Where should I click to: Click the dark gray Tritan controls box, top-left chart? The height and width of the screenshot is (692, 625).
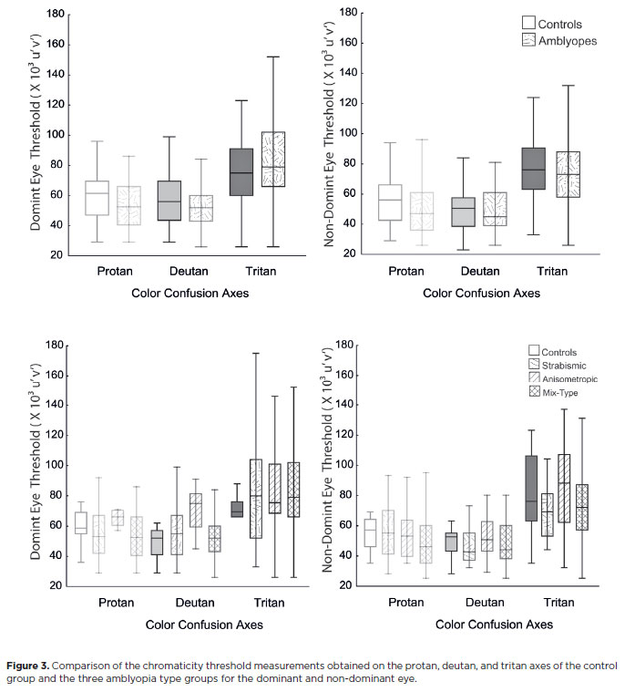coord(241,171)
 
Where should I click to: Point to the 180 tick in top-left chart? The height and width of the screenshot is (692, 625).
coord(54,15)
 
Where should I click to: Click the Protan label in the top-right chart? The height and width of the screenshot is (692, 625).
coord(405,272)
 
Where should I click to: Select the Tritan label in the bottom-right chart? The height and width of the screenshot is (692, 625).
coord(558,603)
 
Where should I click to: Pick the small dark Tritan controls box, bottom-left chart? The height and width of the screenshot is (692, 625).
coord(236,509)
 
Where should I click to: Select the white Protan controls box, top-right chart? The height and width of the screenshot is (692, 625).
coord(391,202)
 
